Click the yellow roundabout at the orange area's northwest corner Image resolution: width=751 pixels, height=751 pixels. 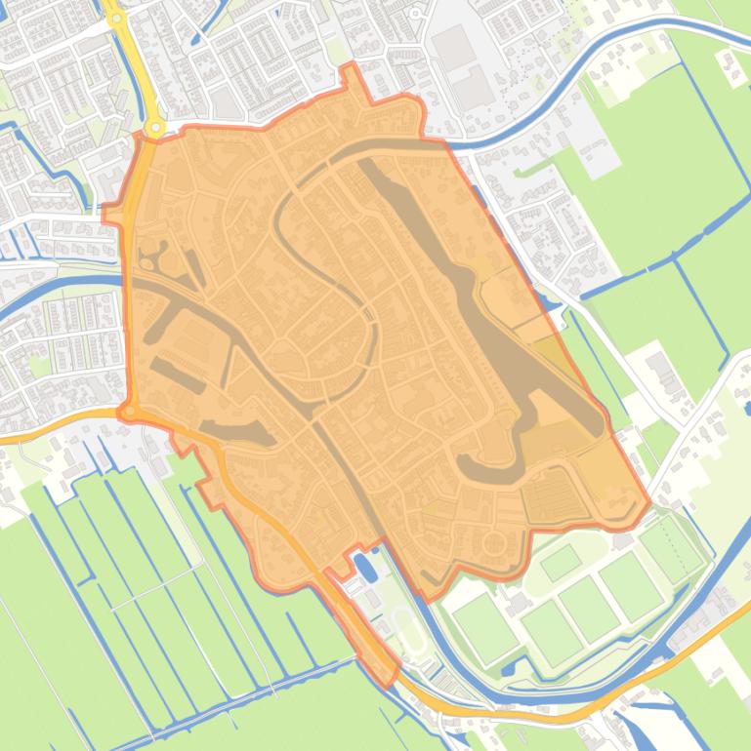pos(154,128)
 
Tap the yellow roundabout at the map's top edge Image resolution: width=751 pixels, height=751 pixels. pos(116,17)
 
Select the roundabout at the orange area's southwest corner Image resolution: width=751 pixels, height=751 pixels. pos(128,413)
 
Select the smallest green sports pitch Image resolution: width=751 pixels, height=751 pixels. pos(561,562)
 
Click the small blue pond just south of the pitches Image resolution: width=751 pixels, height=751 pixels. pos(509,669)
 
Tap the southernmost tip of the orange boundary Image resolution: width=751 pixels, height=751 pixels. pos(388,684)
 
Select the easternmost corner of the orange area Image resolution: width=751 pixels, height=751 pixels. pos(648,503)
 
